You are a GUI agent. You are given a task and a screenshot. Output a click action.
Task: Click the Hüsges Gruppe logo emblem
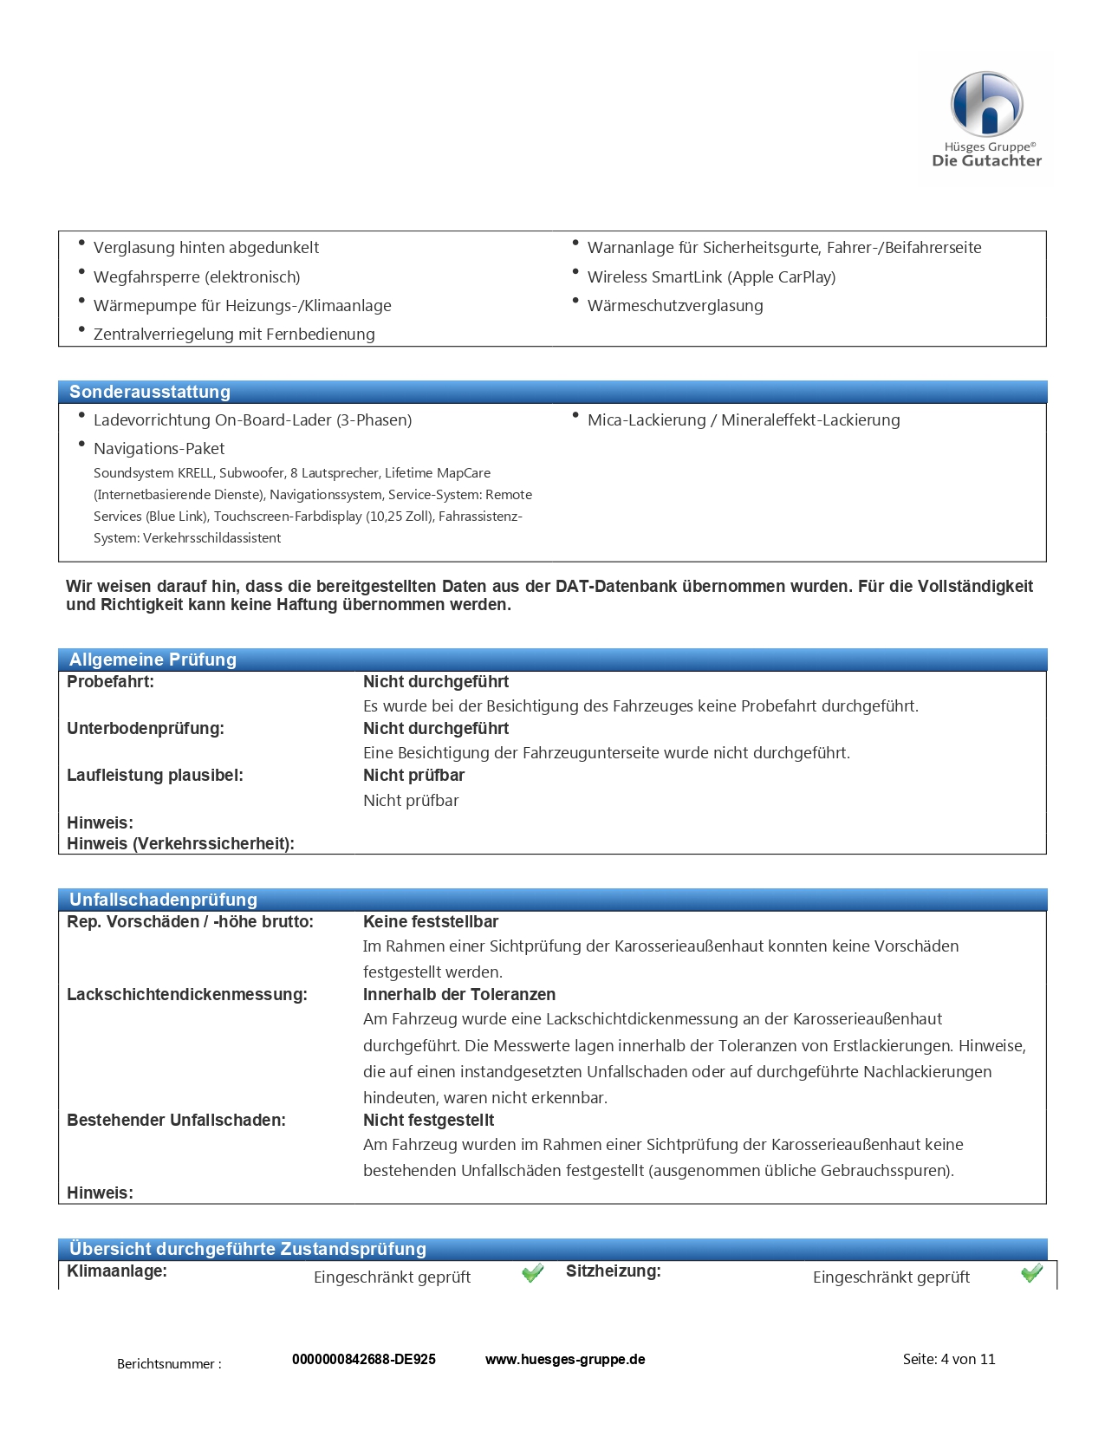click(x=986, y=104)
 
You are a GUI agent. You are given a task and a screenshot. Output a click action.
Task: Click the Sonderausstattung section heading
click(x=150, y=392)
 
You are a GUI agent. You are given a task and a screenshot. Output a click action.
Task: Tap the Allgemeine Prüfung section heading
click(x=153, y=660)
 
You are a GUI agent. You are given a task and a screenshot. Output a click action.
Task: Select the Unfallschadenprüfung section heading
click(x=163, y=900)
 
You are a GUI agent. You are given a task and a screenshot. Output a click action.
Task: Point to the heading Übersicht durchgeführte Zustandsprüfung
click(x=248, y=1249)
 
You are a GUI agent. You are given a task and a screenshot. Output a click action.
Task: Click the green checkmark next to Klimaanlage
click(x=532, y=1272)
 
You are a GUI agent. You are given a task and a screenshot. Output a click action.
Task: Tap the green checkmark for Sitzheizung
click(x=1031, y=1272)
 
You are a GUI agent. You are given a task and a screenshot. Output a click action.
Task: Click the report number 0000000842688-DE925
click(x=364, y=1359)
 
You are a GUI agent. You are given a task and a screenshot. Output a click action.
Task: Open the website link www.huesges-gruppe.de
click(x=565, y=1359)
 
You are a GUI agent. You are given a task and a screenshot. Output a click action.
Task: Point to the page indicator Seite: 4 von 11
click(x=949, y=1359)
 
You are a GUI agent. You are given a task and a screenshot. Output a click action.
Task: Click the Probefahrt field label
click(x=110, y=682)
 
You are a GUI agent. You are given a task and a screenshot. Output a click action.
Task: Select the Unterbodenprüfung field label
click(x=146, y=729)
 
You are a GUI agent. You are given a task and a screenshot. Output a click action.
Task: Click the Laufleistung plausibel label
click(x=155, y=776)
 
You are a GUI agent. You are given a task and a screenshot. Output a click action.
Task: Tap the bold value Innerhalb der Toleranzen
click(x=459, y=995)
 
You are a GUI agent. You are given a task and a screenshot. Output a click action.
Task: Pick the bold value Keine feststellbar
click(x=431, y=922)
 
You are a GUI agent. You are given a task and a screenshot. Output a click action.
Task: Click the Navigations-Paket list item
click(x=159, y=449)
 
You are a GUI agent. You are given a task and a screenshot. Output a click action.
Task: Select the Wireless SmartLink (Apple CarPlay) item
click(x=712, y=277)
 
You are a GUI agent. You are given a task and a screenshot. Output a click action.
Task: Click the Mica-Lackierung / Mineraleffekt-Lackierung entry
click(x=744, y=420)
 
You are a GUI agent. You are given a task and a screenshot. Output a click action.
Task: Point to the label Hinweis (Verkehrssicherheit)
click(x=180, y=844)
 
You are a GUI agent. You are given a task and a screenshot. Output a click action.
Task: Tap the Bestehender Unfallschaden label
click(x=176, y=1121)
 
